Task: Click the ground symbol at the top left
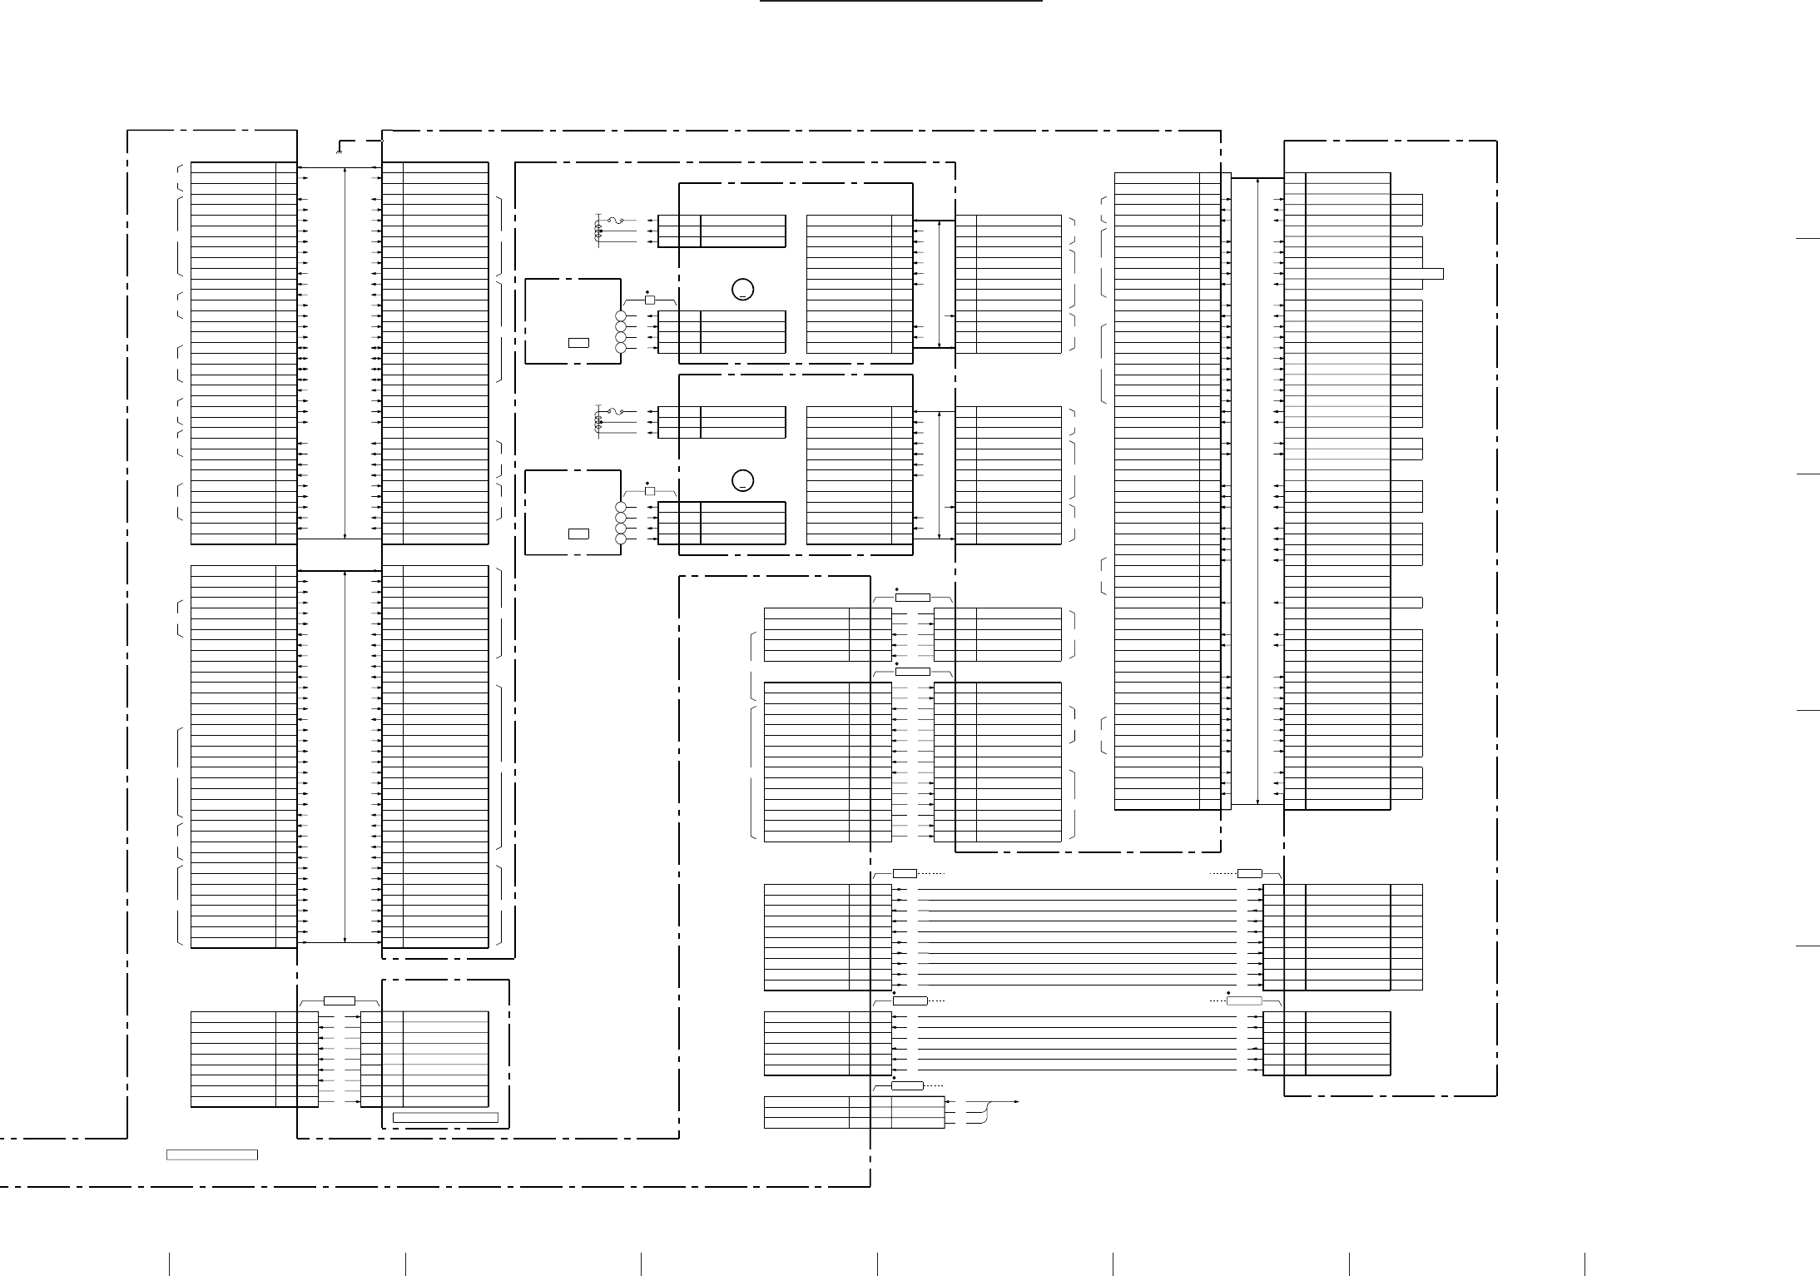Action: click(338, 150)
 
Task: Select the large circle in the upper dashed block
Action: click(743, 290)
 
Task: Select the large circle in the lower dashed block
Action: click(743, 481)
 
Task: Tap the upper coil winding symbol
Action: click(598, 231)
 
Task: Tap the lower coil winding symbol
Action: click(598, 422)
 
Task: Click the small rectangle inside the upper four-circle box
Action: click(578, 342)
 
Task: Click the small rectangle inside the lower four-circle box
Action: click(578, 534)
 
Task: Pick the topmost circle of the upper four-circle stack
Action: click(620, 317)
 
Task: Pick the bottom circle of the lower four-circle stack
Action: click(620, 539)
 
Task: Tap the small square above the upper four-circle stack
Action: click(650, 300)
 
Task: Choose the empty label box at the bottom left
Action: click(211, 1154)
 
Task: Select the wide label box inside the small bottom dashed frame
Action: click(445, 1117)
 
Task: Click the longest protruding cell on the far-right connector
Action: click(1432, 274)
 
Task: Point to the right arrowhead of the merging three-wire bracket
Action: click(1017, 1102)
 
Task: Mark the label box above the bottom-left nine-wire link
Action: click(340, 1000)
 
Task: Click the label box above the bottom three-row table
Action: click(907, 1085)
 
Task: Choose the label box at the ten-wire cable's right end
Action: click(1249, 873)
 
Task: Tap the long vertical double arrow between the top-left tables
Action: click(345, 352)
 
